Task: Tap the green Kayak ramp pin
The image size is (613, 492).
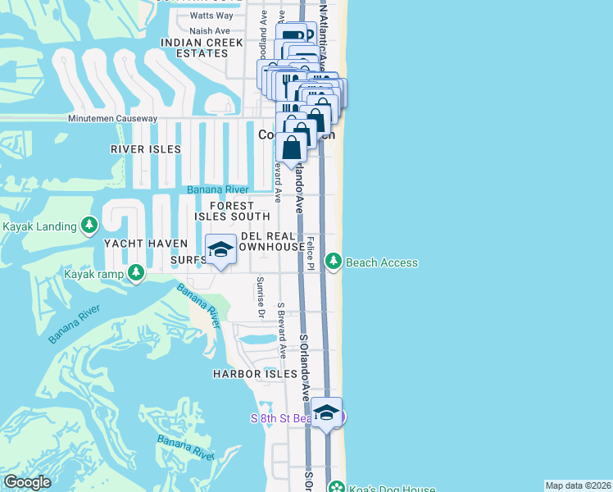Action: [137, 271]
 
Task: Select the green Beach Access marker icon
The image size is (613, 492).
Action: [334, 262]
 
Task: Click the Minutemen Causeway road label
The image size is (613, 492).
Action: [112, 119]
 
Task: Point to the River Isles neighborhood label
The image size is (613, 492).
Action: [145, 149]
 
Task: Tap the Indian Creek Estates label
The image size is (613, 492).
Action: [202, 48]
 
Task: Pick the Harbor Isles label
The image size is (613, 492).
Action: [254, 373]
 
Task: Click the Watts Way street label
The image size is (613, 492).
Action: [211, 16]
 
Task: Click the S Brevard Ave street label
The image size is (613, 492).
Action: [281, 332]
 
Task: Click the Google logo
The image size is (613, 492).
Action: [26, 482]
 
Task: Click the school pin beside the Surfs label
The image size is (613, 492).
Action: [220, 250]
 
